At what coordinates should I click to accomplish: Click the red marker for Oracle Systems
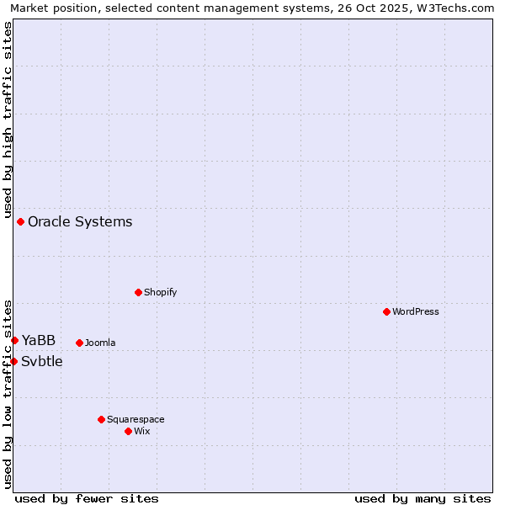[x=20, y=221]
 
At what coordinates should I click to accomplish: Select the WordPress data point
[x=386, y=311]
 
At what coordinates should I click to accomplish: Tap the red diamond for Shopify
[x=138, y=292]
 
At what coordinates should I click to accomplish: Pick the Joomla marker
[x=79, y=343]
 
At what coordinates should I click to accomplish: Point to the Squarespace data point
[x=101, y=419]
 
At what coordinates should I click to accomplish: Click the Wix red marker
[x=128, y=431]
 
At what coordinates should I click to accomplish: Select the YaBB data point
[x=14, y=340]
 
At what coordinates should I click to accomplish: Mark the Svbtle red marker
[x=13, y=361]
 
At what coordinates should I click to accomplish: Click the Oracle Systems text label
[x=80, y=221]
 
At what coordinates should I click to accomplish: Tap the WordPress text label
[x=416, y=311]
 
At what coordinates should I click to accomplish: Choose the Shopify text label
[x=161, y=292]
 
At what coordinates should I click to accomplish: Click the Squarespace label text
[x=136, y=419]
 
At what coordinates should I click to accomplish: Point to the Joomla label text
[x=100, y=343]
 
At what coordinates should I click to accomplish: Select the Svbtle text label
[x=42, y=361]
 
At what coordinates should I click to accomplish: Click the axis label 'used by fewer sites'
[x=87, y=498]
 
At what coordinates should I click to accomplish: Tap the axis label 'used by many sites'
[x=423, y=498]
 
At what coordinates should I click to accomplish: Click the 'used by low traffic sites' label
[x=8, y=393]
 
